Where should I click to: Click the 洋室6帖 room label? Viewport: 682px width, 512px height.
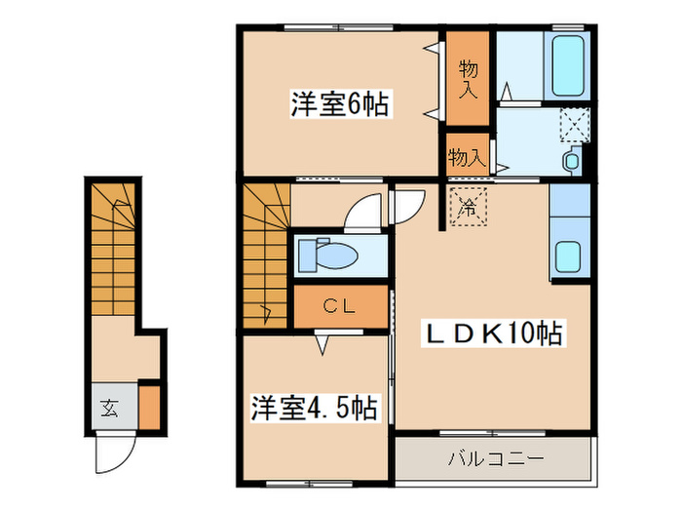click(x=339, y=104)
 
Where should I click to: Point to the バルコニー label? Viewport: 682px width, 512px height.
click(x=497, y=457)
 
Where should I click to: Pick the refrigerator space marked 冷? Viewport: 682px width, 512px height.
click(x=468, y=207)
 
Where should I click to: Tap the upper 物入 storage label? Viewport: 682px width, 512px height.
click(x=469, y=79)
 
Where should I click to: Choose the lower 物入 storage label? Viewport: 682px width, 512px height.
click(x=467, y=155)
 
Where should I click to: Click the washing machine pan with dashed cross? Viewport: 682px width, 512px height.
click(x=574, y=126)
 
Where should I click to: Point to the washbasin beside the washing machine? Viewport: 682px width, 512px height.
click(x=572, y=160)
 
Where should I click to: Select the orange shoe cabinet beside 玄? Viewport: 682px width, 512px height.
click(x=149, y=408)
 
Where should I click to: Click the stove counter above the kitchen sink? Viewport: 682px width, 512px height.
click(x=569, y=204)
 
